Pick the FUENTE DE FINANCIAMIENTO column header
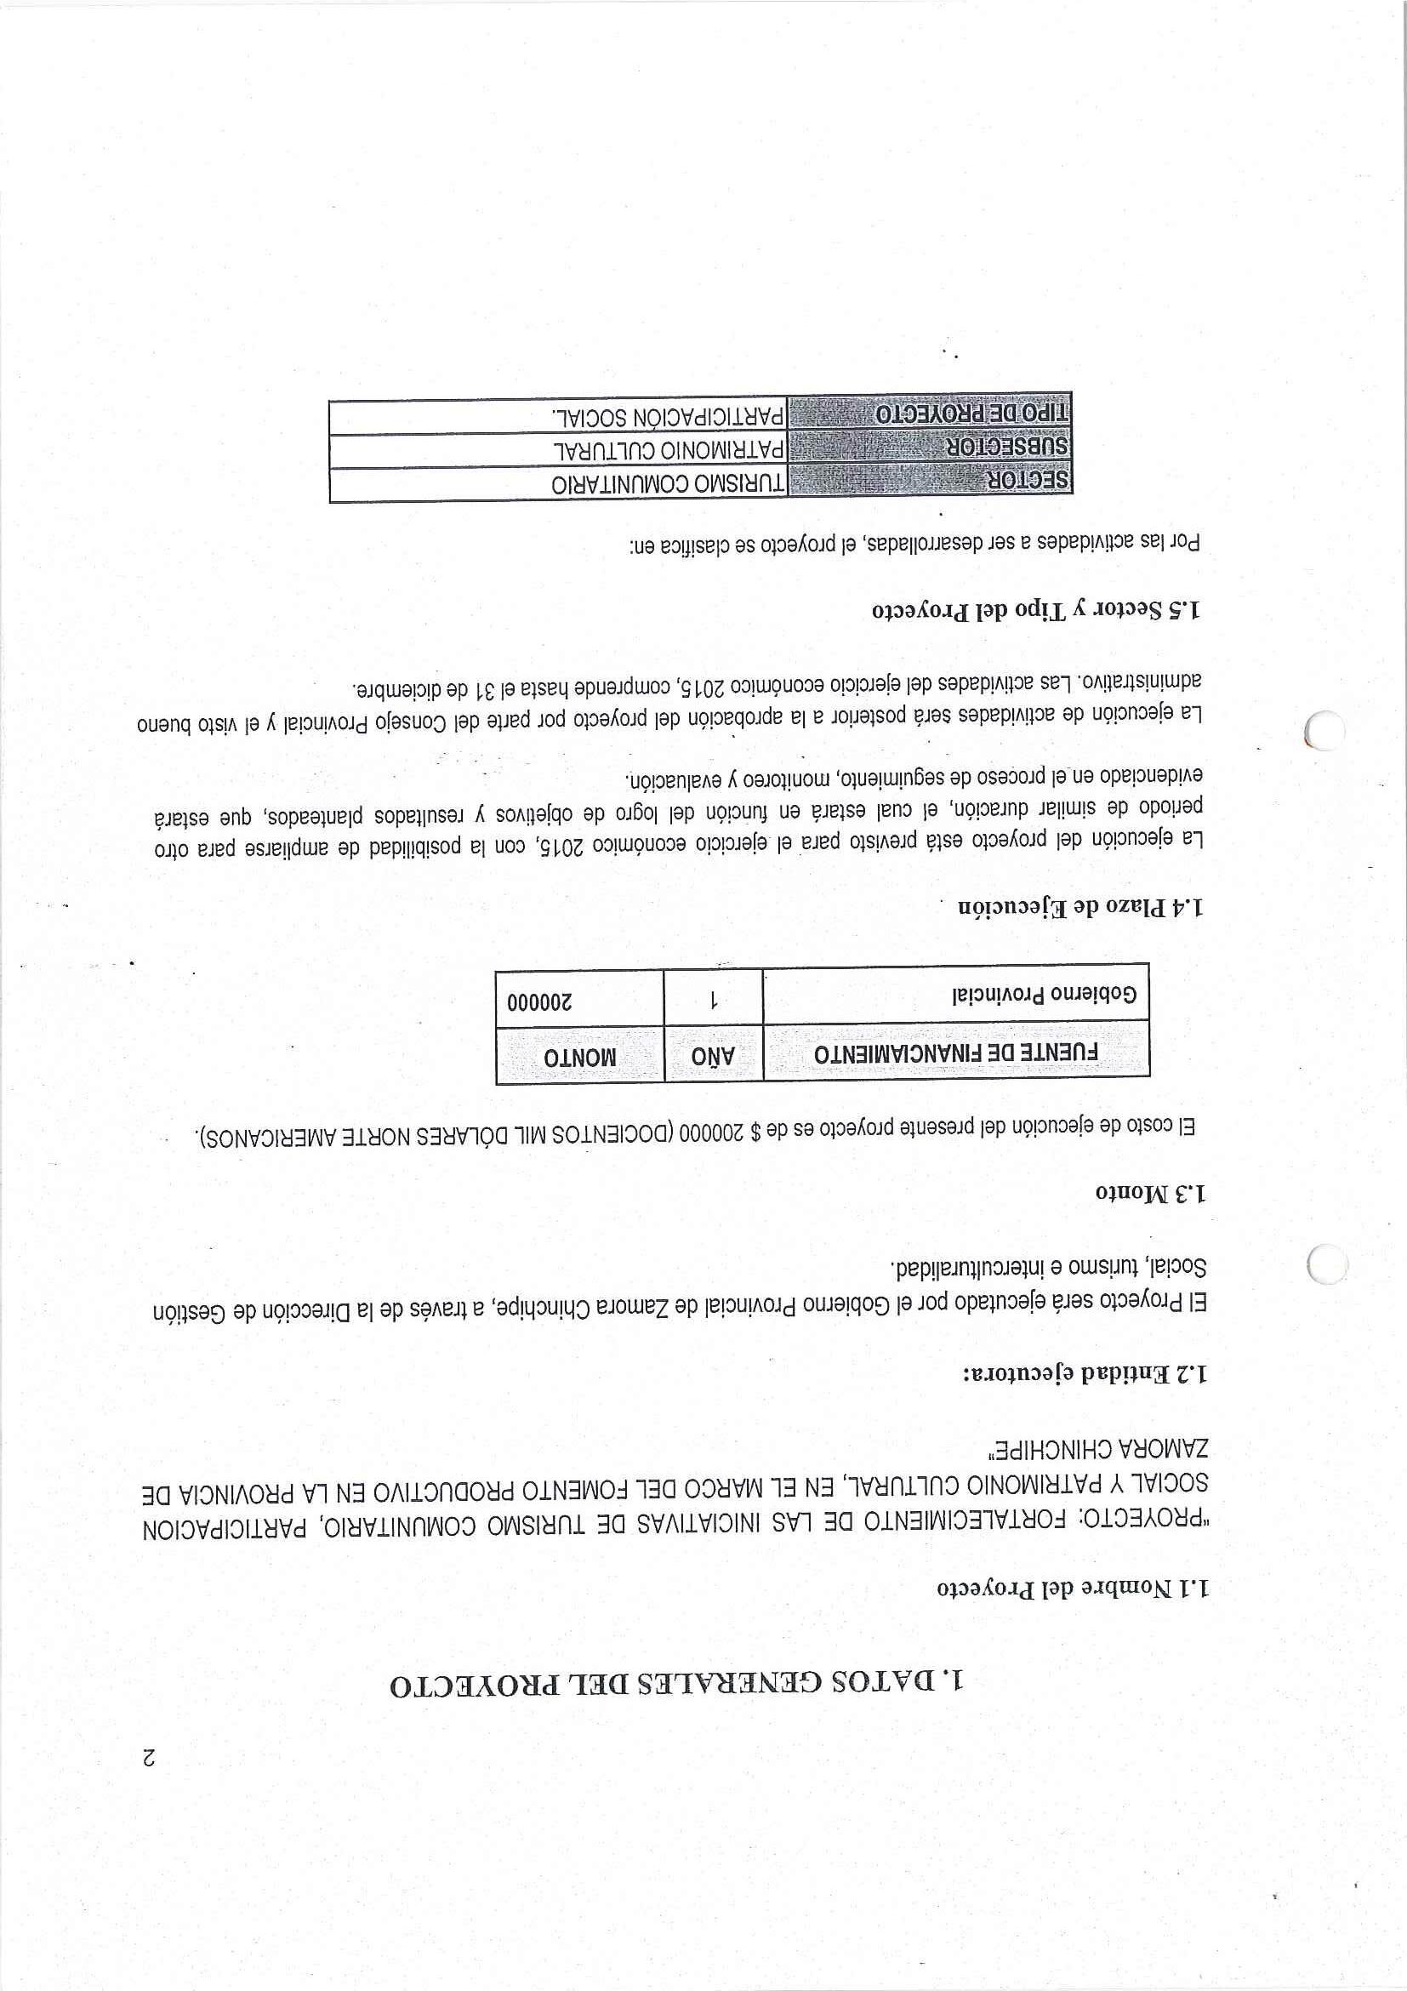click(956, 1055)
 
